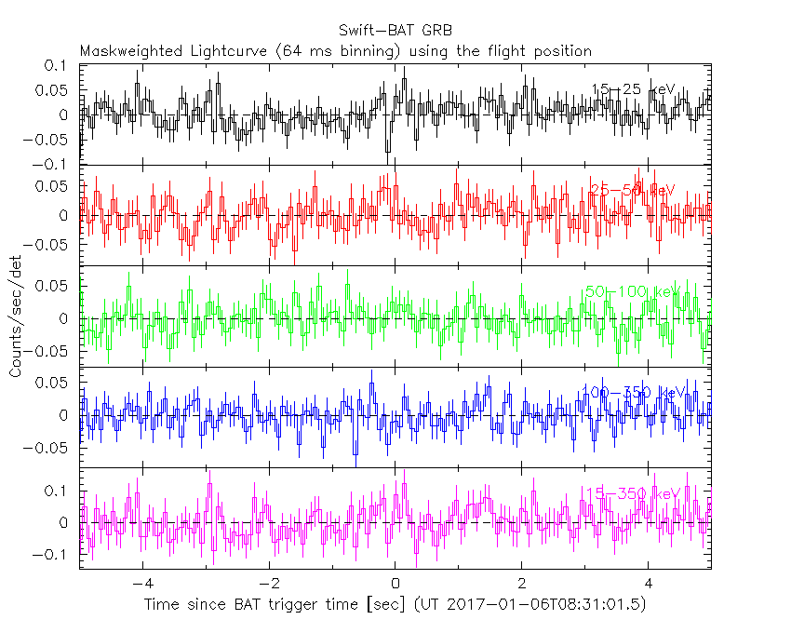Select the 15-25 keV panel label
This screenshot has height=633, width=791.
pyautogui.click(x=633, y=89)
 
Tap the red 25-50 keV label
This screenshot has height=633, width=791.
pyautogui.click(x=632, y=190)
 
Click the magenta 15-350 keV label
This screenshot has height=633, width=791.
pyautogui.click(x=632, y=493)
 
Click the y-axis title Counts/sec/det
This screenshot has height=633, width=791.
pyautogui.click(x=16, y=317)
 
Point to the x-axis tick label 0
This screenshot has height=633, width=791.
pyautogui.click(x=395, y=585)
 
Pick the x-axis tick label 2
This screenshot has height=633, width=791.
pyautogui.click(x=522, y=585)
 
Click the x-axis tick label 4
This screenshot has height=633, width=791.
pyautogui.click(x=649, y=585)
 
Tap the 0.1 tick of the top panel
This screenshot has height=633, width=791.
pyautogui.click(x=58, y=66)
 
